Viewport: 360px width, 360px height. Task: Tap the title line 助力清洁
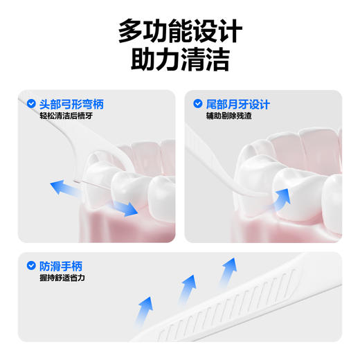click(x=179, y=61)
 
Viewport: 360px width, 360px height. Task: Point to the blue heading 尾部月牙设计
click(x=237, y=104)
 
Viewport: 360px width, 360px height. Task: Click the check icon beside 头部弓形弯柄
click(x=31, y=104)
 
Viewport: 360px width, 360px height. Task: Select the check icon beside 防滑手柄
click(x=31, y=265)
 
